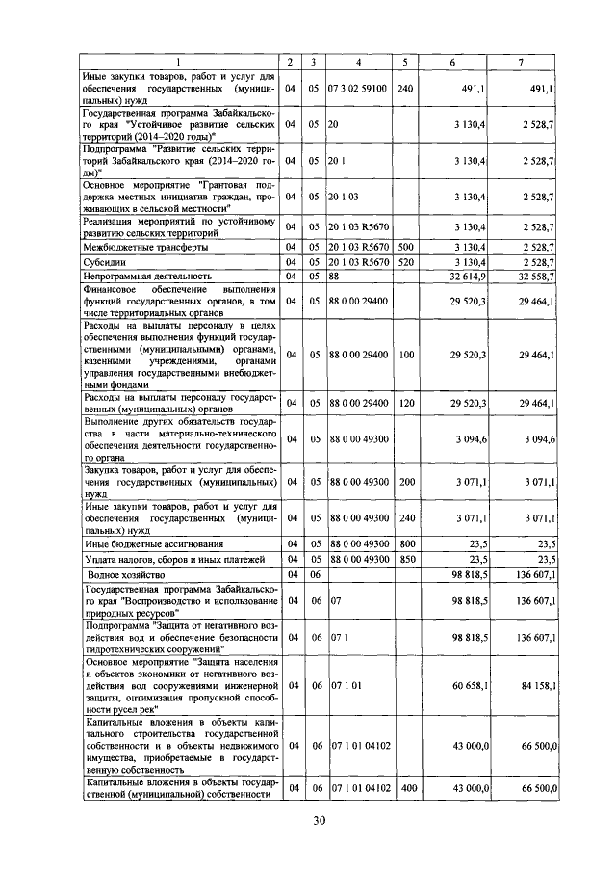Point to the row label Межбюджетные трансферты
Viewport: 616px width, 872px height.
(x=141, y=248)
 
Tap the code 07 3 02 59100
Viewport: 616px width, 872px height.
(x=357, y=88)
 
